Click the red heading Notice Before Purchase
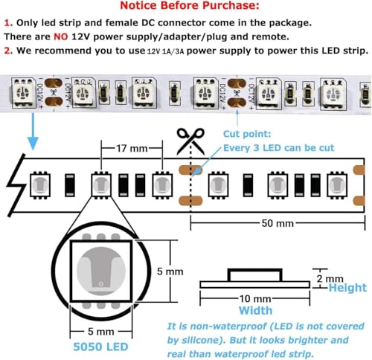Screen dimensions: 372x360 point(190,5)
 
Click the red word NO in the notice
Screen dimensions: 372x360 point(61,36)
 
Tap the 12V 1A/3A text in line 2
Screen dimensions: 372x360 point(165,51)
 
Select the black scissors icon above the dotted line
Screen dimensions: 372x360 point(190,141)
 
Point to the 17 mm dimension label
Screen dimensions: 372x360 point(132,149)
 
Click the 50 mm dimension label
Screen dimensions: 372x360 point(278,223)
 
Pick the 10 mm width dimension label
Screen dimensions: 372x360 point(255,299)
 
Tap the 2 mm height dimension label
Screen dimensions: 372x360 point(330,279)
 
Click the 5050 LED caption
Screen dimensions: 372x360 point(100,347)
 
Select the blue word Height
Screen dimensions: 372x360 point(347,288)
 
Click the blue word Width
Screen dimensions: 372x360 point(255,310)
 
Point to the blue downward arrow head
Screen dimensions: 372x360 point(33,143)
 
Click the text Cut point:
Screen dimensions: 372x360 point(247,134)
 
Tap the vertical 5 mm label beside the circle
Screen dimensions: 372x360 point(170,271)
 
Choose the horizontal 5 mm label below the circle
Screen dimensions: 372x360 point(101,332)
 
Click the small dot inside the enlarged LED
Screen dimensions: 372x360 point(101,283)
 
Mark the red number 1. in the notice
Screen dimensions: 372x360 point(8,23)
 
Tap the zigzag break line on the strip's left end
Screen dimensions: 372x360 point(16,185)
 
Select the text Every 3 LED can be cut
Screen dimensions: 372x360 point(279,148)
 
